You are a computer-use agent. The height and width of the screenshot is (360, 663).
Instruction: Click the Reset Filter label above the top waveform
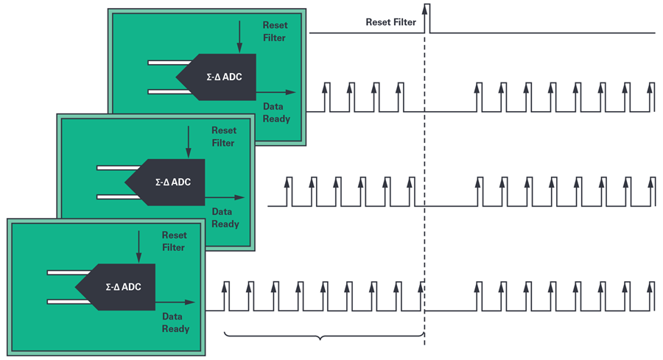pos(390,22)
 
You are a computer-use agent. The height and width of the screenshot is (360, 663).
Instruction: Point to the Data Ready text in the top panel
pos(276,113)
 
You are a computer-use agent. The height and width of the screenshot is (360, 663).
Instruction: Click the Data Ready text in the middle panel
pos(225,218)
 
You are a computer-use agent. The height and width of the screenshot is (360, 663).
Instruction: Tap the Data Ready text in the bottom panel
pos(175,322)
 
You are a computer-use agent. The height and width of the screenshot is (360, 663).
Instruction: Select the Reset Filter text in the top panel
pos(274,32)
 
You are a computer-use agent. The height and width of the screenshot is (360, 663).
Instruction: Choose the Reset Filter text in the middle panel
pos(223,136)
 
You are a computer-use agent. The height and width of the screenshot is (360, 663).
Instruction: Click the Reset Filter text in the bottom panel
pos(174,241)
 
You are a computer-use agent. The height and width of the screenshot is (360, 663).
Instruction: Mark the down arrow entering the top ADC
pos(239,37)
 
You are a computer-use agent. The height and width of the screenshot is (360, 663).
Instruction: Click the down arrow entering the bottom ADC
pos(138,247)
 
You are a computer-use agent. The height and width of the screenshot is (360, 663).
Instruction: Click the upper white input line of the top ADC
pos(169,63)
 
